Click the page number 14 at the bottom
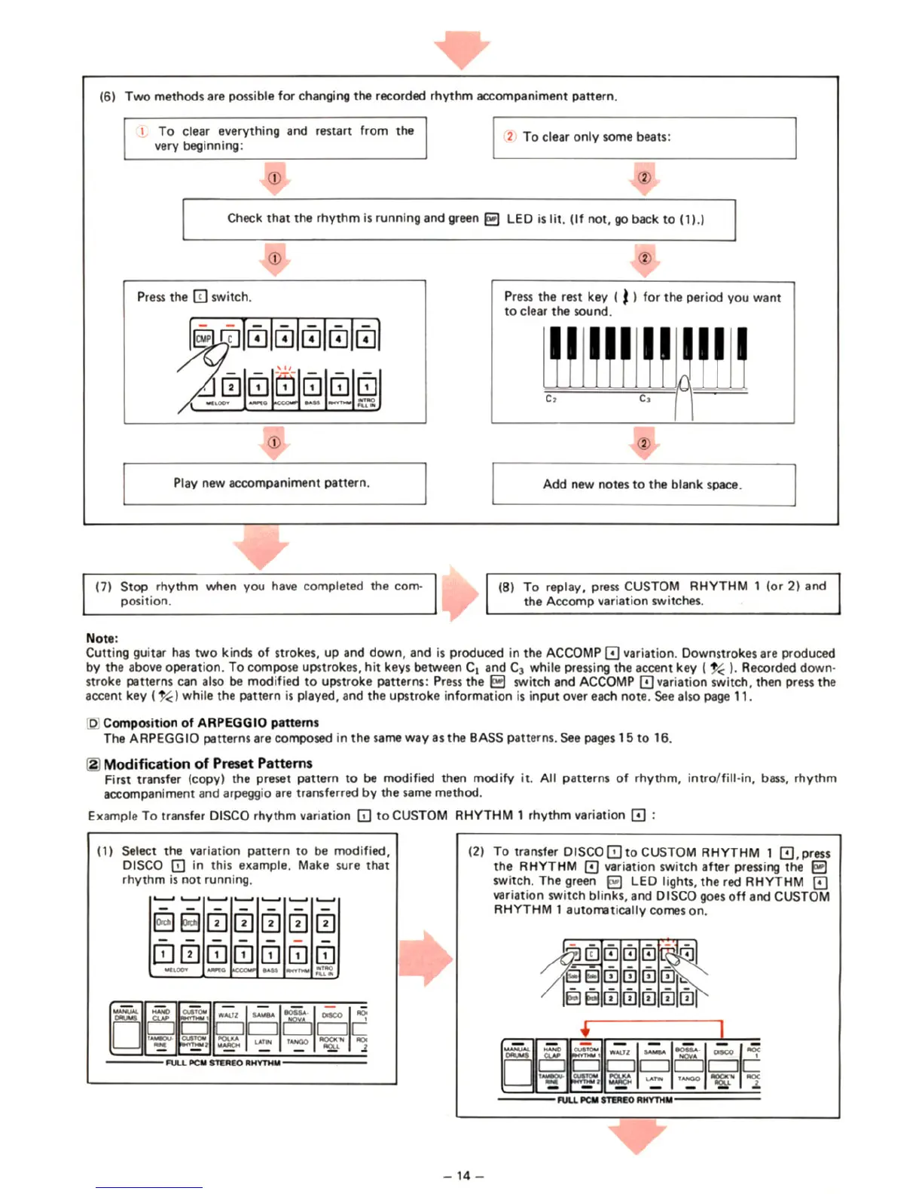pyautogui.click(x=463, y=1175)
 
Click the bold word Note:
pyautogui.click(x=102, y=638)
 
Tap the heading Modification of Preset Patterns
pyautogui.click(x=208, y=763)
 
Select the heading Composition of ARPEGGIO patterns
pyautogui.click(x=211, y=722)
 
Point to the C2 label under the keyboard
pyautogui.click(x=551, y=399)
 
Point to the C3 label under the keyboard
pyautogui.click(x=645, y=399)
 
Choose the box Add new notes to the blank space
pyautogui.click(x=643, y=484)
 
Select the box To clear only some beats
pyautogui.click(x=644, y=137)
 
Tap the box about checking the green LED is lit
pyautogui.click(x=459, y=219)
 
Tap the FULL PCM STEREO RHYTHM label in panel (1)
pyautogui.click(x=223, y=1063)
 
